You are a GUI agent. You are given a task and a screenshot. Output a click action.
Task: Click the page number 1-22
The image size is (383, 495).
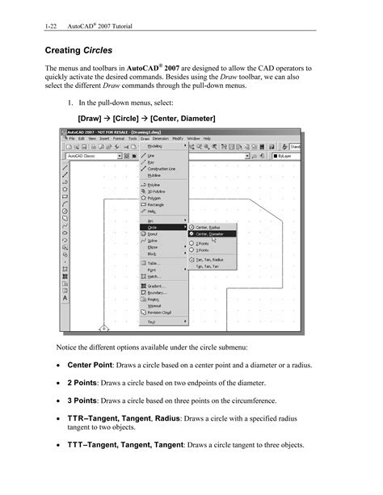(x=53, y=16)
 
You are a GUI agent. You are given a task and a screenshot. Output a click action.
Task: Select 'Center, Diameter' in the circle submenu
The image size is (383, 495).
(x=212, y=234)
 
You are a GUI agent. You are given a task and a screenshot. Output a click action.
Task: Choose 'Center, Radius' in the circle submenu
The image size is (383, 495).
(x=209, y=227)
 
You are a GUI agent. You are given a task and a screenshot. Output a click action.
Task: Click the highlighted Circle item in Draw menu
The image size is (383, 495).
(x=154, y=227)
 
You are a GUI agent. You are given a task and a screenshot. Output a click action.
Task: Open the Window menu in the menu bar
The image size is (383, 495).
(x=193, y=138)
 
